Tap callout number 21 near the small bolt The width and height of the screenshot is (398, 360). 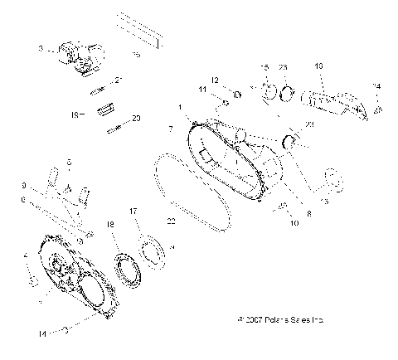119,80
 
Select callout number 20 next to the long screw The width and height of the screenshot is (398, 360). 137,119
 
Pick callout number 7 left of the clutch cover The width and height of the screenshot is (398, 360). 171,129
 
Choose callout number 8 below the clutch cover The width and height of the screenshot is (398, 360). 285,214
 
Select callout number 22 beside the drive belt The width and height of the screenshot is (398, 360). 172,221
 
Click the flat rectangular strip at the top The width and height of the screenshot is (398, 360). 151,30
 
